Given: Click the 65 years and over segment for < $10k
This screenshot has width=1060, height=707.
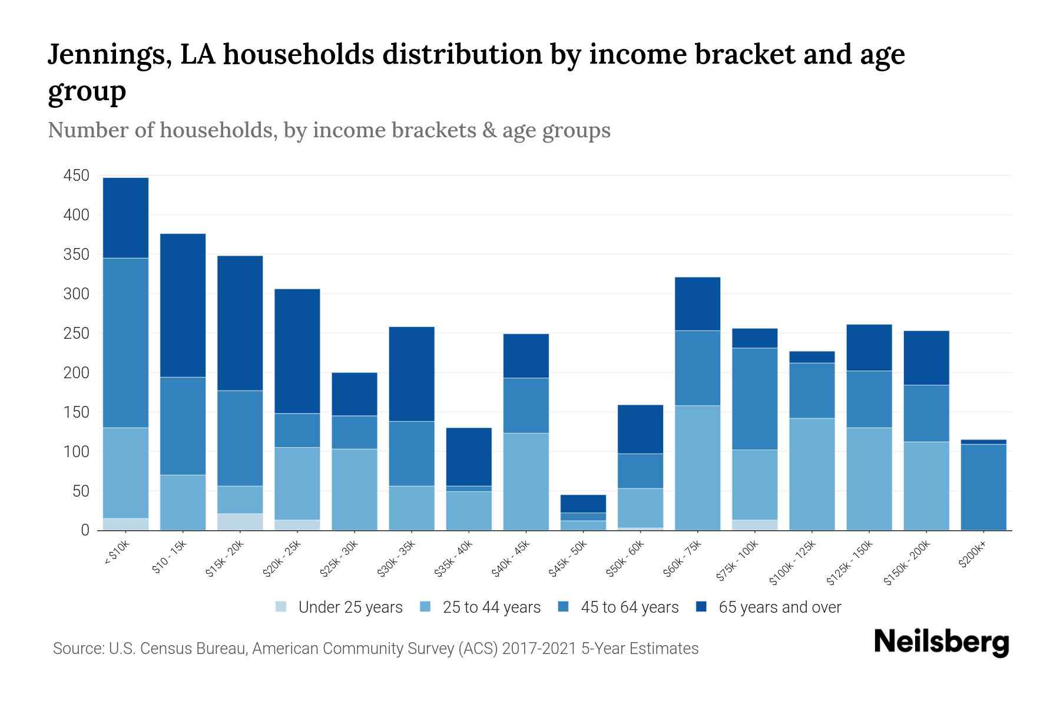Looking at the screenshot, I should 125,218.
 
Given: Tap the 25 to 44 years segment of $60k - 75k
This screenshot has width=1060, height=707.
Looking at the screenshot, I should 697,468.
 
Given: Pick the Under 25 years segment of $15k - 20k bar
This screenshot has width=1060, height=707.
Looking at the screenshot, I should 240,522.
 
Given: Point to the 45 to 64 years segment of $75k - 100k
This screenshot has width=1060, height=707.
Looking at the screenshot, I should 754,399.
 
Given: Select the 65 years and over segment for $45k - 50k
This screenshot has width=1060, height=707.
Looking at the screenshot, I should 583,504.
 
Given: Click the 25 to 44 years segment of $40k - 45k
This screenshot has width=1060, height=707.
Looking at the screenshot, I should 526,481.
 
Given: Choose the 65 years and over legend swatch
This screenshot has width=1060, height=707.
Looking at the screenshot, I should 701,607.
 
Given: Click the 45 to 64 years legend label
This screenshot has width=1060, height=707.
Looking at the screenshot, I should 629,607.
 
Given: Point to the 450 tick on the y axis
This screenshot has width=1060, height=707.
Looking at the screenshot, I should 77,176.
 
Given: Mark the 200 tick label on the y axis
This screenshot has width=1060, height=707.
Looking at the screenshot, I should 77,373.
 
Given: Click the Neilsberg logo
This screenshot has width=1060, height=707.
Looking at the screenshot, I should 941,642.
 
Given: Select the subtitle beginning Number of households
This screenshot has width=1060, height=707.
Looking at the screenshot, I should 329,130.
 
